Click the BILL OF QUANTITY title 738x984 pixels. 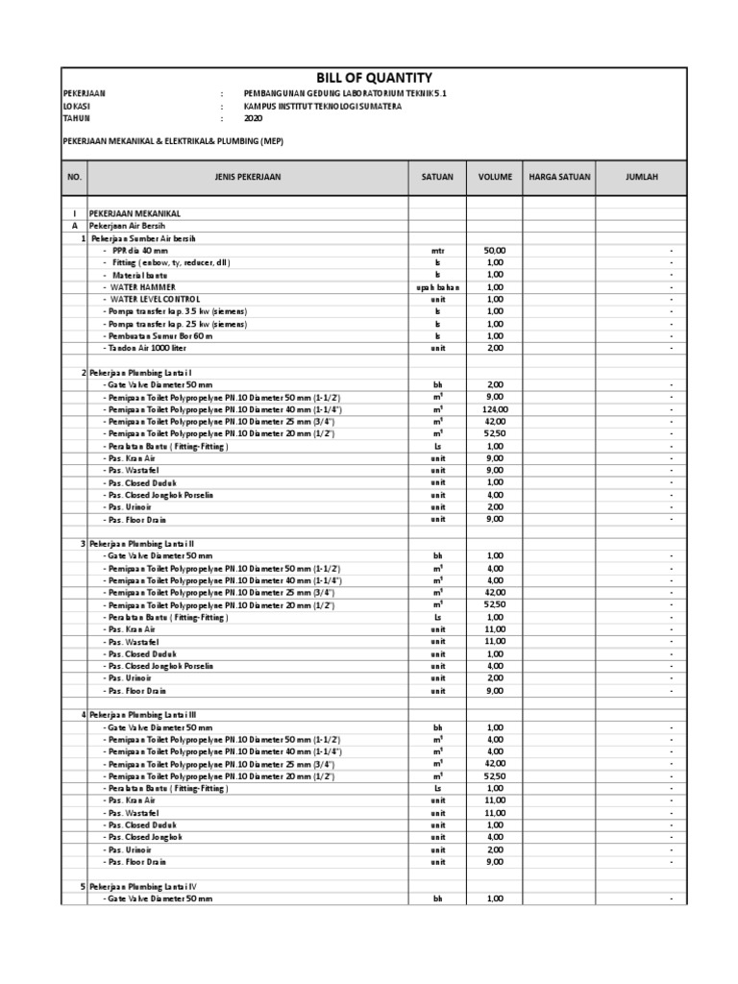[374, 78]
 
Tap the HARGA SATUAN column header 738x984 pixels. [559, 178]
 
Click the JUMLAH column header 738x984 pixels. [641, 178]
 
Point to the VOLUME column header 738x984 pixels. [495, 178]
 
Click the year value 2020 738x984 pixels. [254, 119]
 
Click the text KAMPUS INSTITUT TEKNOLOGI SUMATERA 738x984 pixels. [324, 107]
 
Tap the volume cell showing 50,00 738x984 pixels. [495, 250]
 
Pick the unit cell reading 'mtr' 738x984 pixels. [437, 250]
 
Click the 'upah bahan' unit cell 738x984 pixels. [437, 287]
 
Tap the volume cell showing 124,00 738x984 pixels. [495, 409]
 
